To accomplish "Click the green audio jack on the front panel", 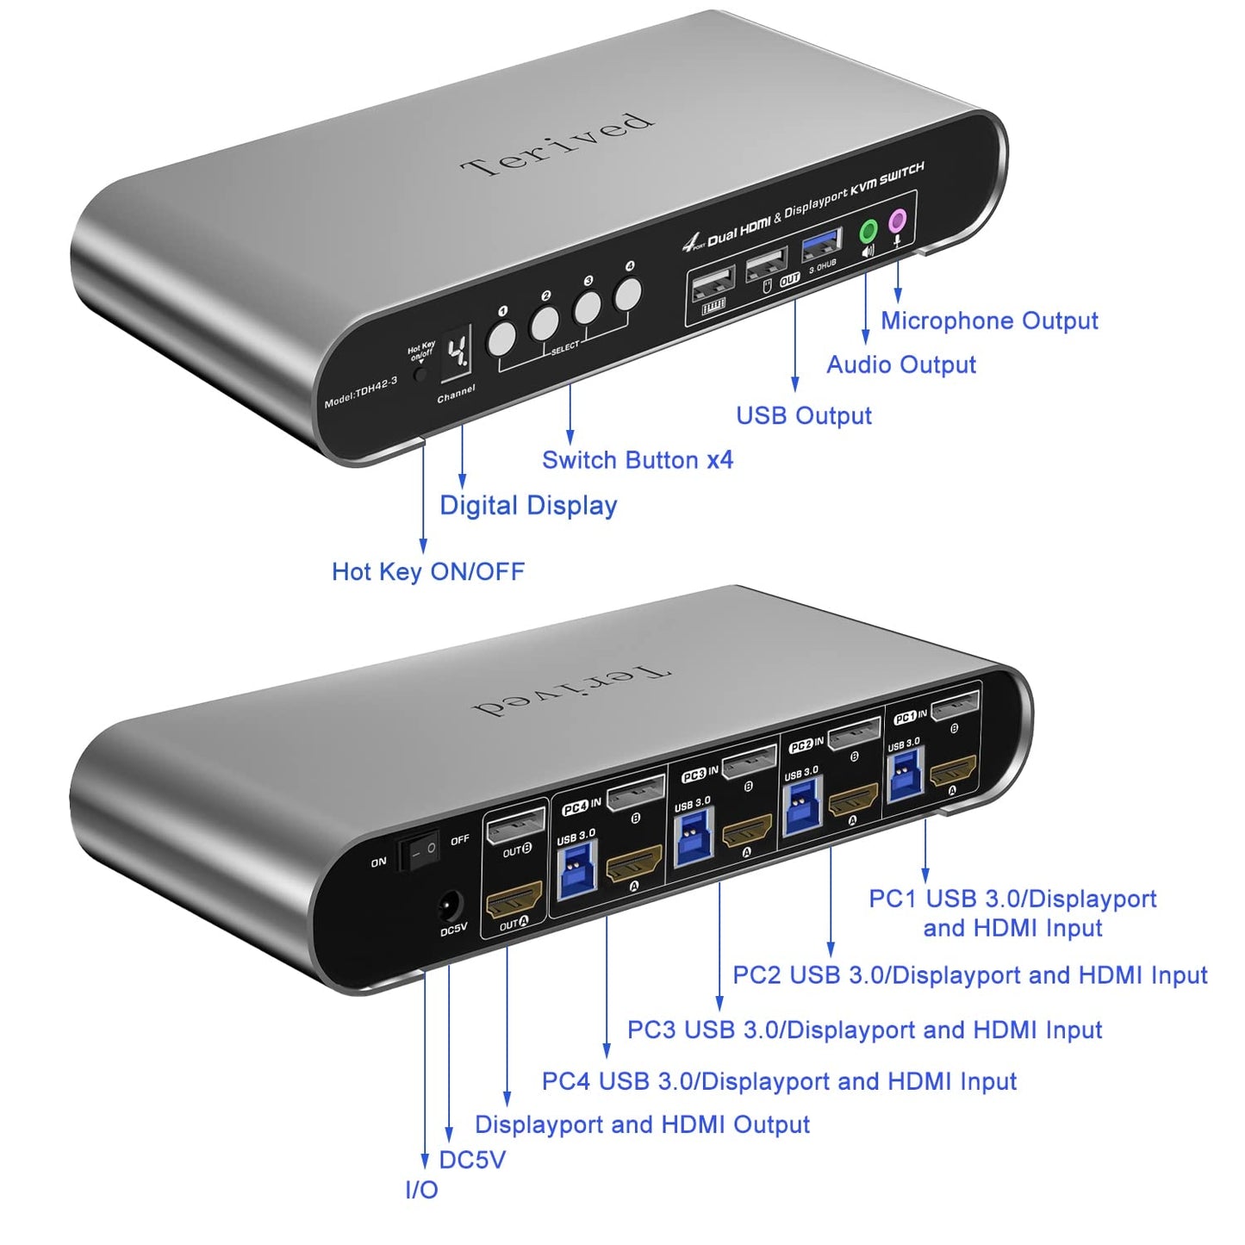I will pos(868,231).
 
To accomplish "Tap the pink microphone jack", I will pos(898,220).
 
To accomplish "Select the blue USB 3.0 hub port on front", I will pos(821,245).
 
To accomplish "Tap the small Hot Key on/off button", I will pos(420,374).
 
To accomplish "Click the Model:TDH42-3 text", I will pos(360,393).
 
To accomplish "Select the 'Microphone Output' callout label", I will pos(988,321).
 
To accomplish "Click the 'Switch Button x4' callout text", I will pos(637,460).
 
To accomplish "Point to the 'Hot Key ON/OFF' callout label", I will pos(427,571).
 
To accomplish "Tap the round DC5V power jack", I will pos(449,906).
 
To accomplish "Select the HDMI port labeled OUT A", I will pos(514,900).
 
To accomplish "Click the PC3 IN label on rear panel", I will pos(700,774).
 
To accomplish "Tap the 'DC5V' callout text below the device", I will pos(472,1160).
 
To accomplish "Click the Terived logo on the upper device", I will pos(557,144).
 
